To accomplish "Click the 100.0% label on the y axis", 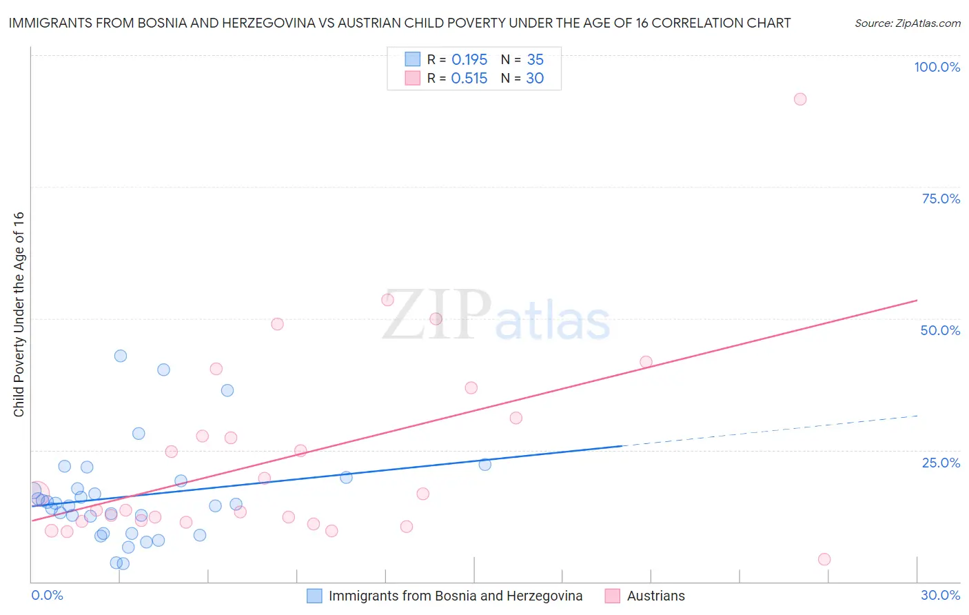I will pos(937,67).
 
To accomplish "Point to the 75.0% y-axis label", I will pos(941,199).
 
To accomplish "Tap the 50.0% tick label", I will pos(940,330).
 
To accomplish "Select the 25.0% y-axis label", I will pos(941,463).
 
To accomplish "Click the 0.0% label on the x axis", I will pos(47,595).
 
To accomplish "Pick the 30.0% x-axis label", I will pos(940,595).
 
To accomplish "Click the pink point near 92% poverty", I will pos(799,99).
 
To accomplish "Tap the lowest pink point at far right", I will pos(824,559).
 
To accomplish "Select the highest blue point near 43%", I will pos(121,356).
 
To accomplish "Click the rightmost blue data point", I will pos(484,465).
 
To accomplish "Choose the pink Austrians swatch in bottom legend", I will pos(612,596).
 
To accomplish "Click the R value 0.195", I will pos(469,60).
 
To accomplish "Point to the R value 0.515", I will pos(469,79).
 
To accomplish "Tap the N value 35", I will pos(535,60).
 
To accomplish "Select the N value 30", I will pos(535,79).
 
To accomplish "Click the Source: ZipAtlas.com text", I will pos(907,23).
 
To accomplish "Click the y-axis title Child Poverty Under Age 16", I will pos(19,314).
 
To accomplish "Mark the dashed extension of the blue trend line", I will pos(772,431).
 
